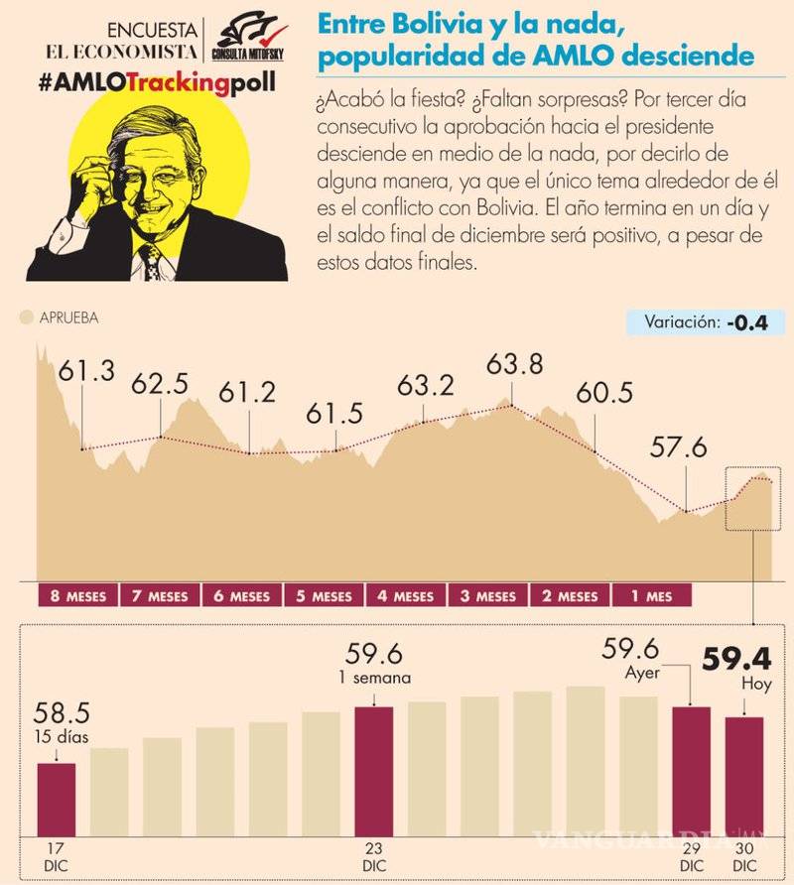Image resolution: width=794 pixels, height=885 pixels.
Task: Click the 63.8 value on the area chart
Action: [x=515, y=365]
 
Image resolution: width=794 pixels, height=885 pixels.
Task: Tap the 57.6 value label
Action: [x=679, y=447]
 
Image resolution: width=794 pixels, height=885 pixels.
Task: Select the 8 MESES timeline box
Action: [x=76, y=596]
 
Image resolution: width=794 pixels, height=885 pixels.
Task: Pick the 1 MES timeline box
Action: [x=650, y=596]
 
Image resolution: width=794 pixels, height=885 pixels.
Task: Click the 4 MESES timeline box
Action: [x=405, y=596]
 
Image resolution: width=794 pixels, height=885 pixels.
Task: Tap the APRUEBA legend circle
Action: [x=26, y=318]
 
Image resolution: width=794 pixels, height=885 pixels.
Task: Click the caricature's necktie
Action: [x=150, y=262]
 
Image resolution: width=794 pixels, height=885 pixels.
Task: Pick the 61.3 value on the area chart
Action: [x=86, y=372]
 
